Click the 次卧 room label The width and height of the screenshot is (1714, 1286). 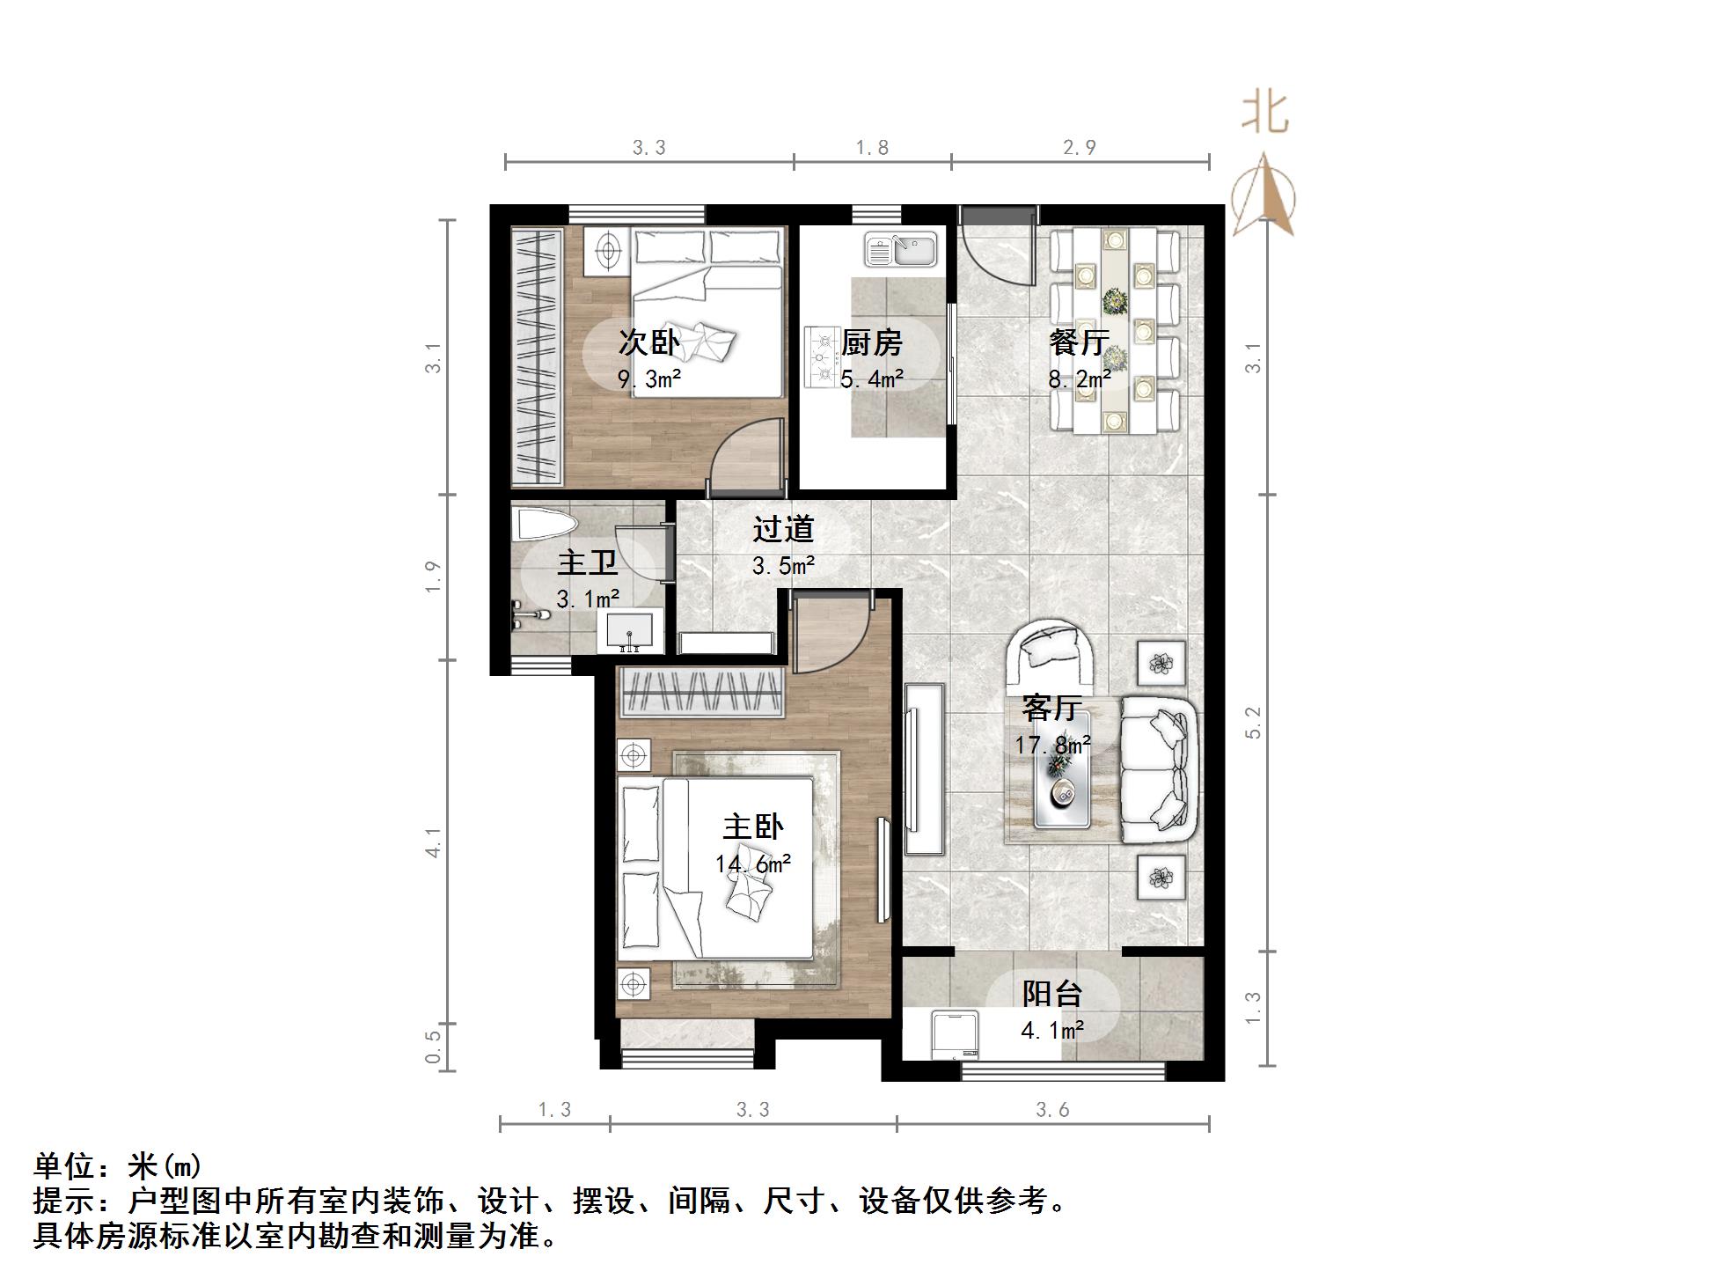[x=648, y=342]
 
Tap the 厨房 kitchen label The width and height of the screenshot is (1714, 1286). [x=871, y=342]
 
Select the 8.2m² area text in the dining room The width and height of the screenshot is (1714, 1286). [x=1079, y=379]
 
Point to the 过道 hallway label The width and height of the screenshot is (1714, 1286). [x=783, y=529]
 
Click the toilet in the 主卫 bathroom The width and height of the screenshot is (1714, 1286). [x=543, y=525]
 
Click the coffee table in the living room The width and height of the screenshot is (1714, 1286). [x=1061, y=779]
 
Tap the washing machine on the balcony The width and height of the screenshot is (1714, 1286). [x=953, y=1036]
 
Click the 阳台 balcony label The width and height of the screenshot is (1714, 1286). [x=1052, y=994]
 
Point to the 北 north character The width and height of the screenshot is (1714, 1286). [x=1265, y=114]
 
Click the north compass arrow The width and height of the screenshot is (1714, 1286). [x=1264, y=195]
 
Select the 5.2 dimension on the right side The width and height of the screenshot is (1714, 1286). [x=1254, y=723]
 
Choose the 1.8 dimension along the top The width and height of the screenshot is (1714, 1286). [x=872, y=147]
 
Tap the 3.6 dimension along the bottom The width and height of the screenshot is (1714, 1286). [x=1052, y=1110]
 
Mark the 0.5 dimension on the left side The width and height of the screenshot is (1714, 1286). [x=432, y=1047]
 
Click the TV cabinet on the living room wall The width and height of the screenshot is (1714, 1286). [x=923, y=768]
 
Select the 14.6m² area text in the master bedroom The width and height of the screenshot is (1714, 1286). [x=753, y=863]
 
